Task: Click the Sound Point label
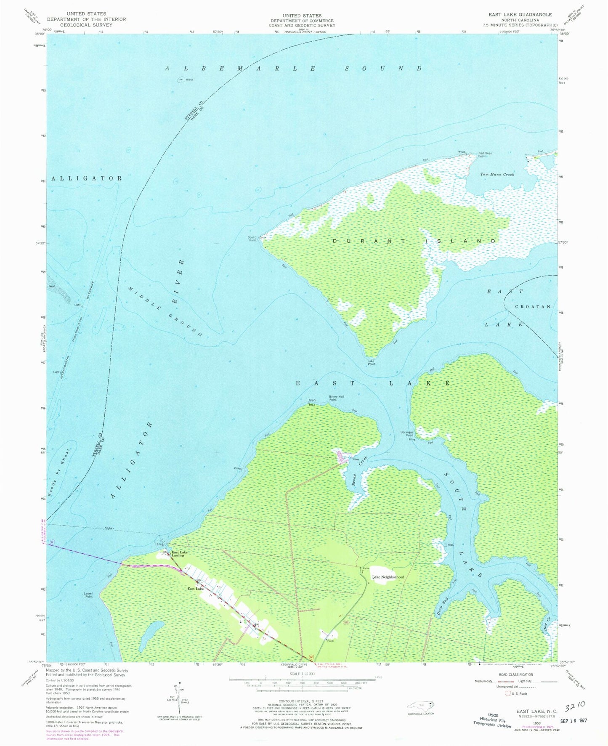coord(252,239)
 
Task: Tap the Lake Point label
coord(371,362)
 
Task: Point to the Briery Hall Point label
coord(332,398)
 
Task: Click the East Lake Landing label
coord(180,554)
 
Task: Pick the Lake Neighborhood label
coord(388,577)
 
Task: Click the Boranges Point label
coord(407,434)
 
